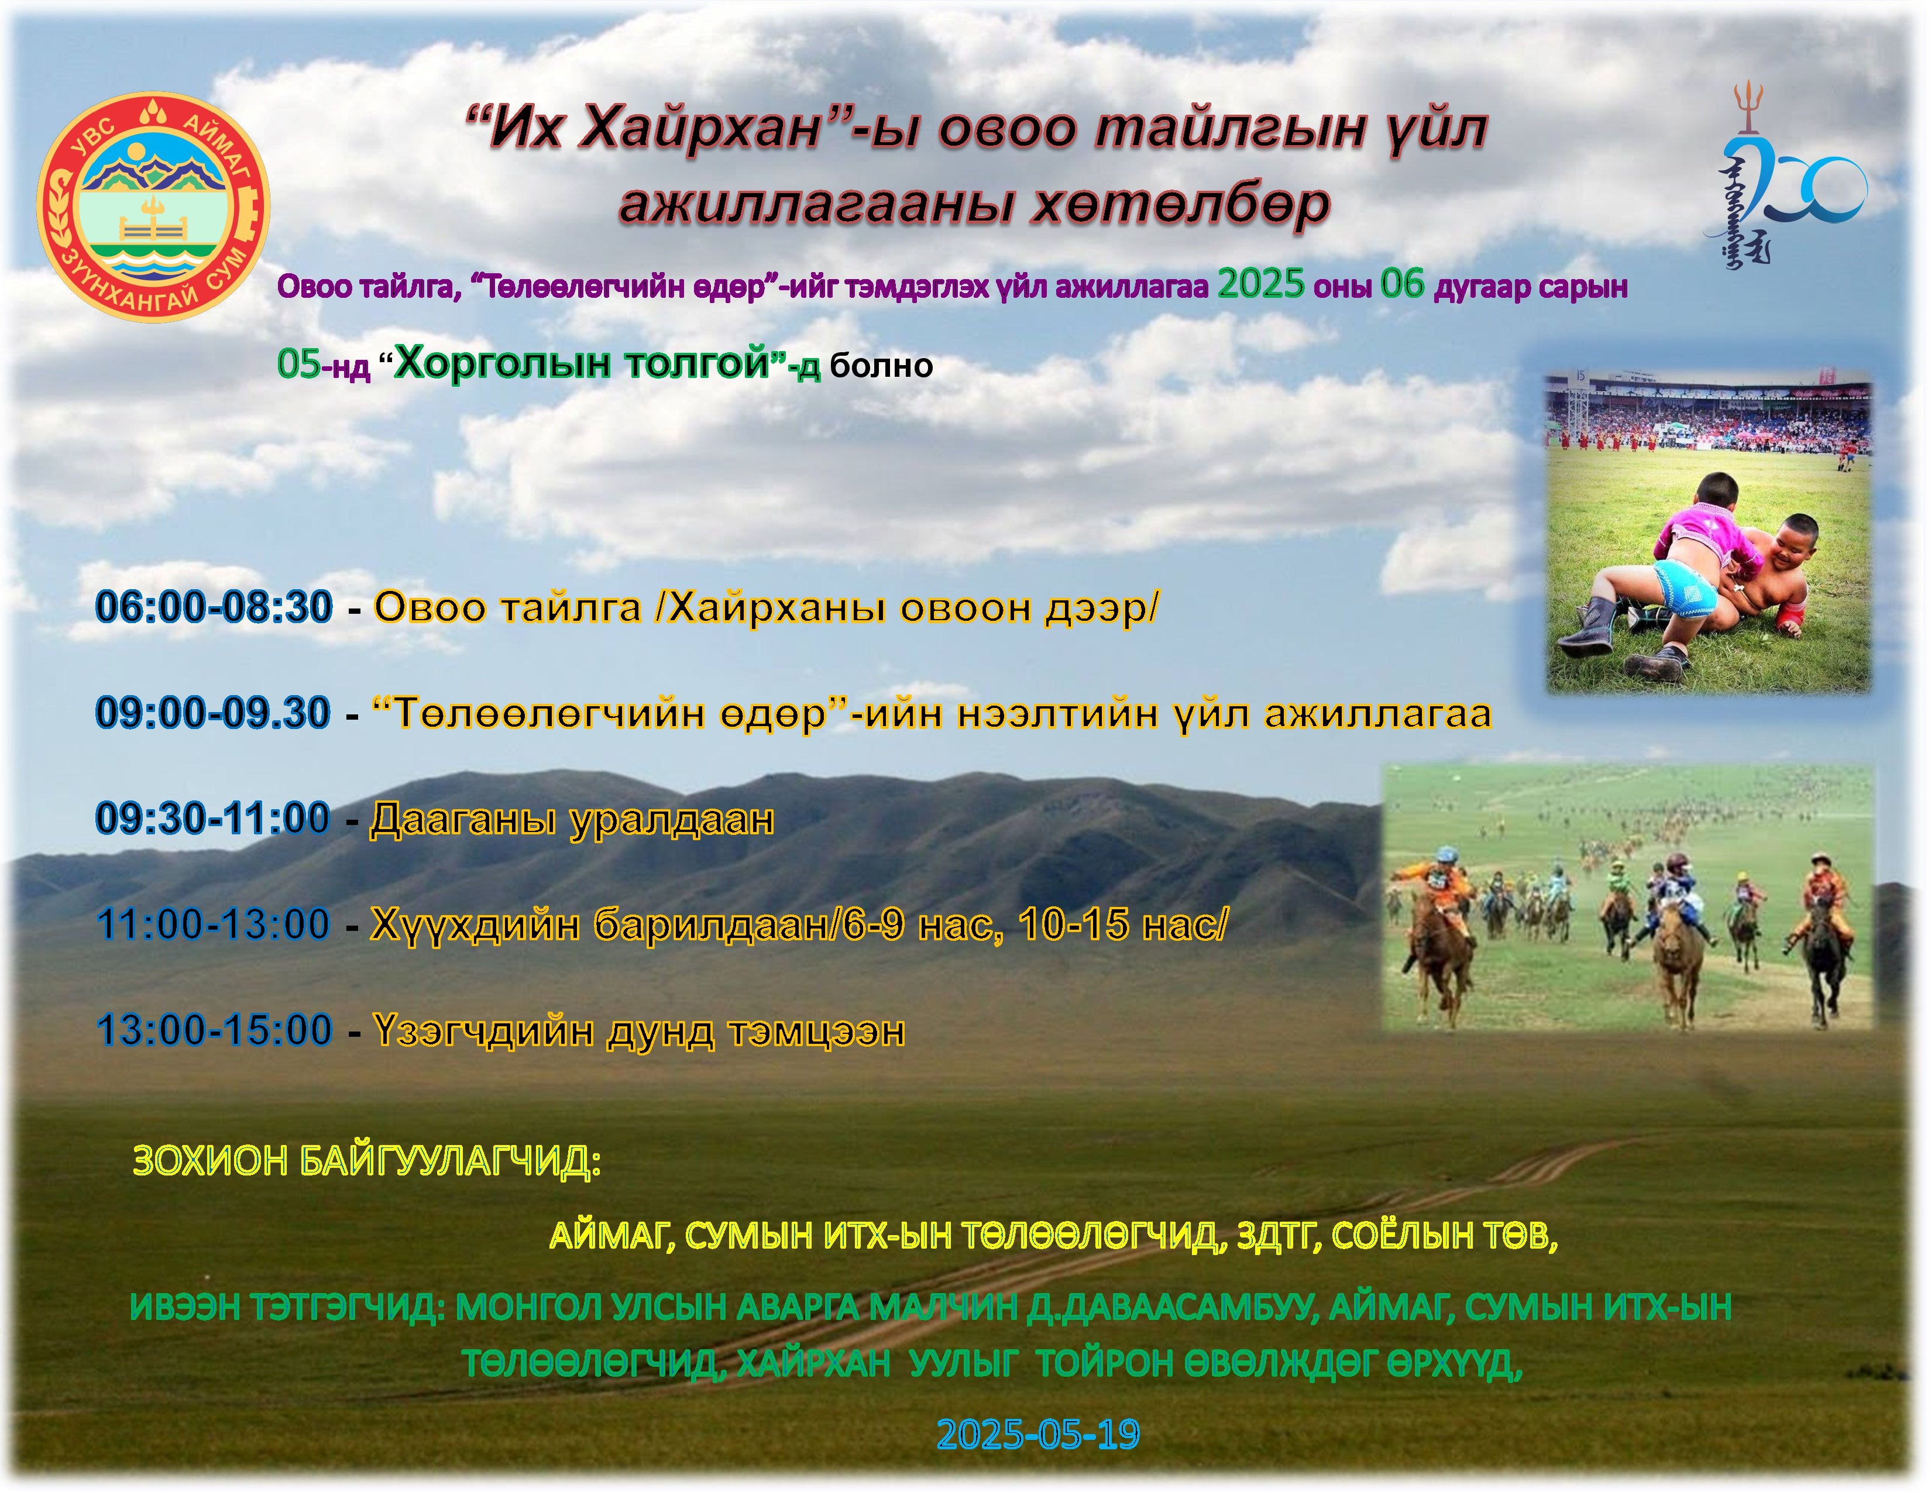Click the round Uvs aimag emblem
coord(153,208)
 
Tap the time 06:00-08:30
coord(214,607)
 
